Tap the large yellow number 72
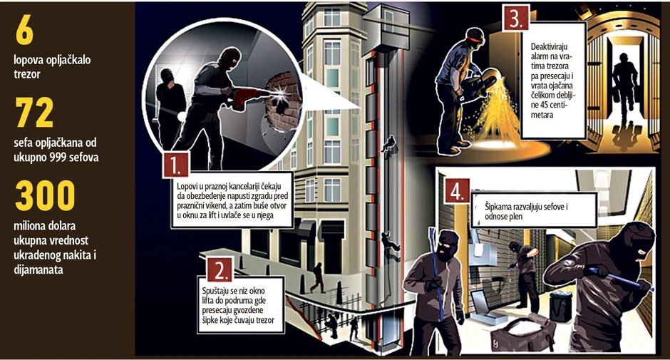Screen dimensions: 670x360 click(x=35, y=113)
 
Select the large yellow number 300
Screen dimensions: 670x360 click(x=46, y=195)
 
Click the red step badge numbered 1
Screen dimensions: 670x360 click(x=175, y=165)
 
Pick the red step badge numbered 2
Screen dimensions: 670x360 click(x=220, y=269)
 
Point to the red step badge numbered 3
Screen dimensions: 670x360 click(x=516, y=19)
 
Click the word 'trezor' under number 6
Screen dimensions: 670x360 click(x=27, y=74)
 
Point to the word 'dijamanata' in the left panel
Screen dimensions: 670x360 click(x=38, y=269)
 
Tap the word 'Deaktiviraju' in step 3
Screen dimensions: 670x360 click(x=549, y=46)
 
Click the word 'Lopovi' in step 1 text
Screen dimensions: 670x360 click(x=187, y=186)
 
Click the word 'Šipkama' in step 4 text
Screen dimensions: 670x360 click(x=498, y=207)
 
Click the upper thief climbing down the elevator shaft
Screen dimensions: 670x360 click(x=389, y=145)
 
